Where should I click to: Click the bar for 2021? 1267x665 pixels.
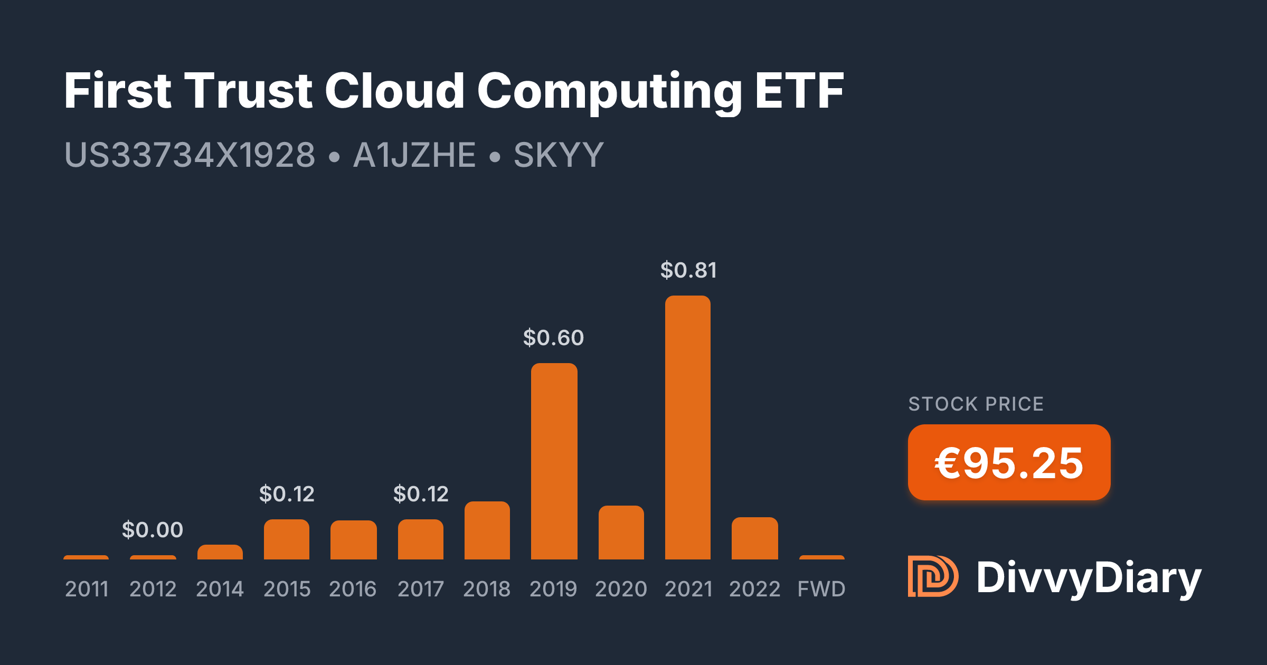(687, 427)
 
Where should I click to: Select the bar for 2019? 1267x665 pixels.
(554, 461)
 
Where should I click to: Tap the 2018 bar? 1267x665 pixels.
(487, 530)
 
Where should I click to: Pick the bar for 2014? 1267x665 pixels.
(220, 552)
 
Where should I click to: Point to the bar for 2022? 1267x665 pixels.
(754, 538)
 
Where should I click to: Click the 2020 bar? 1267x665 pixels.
(621, 533)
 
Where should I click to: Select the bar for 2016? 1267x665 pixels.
(353, 540)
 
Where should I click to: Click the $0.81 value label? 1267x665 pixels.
(688, 270)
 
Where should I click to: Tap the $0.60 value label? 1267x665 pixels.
(553, 338)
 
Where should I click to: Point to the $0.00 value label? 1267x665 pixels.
(153, 530)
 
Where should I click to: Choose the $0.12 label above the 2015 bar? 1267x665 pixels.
(287, 494)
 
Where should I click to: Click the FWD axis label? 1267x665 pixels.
(821, 589)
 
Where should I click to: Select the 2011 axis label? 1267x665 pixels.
(87, 589)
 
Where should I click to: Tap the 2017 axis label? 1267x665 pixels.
(420, 589)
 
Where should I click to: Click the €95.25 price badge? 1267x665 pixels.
(1009, 463)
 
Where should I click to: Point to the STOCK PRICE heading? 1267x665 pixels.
(976, 404)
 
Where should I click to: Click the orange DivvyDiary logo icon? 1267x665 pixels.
(932, 576)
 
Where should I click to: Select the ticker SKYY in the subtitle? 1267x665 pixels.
(559, 155)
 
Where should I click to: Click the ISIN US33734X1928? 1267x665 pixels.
(190, 155)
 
